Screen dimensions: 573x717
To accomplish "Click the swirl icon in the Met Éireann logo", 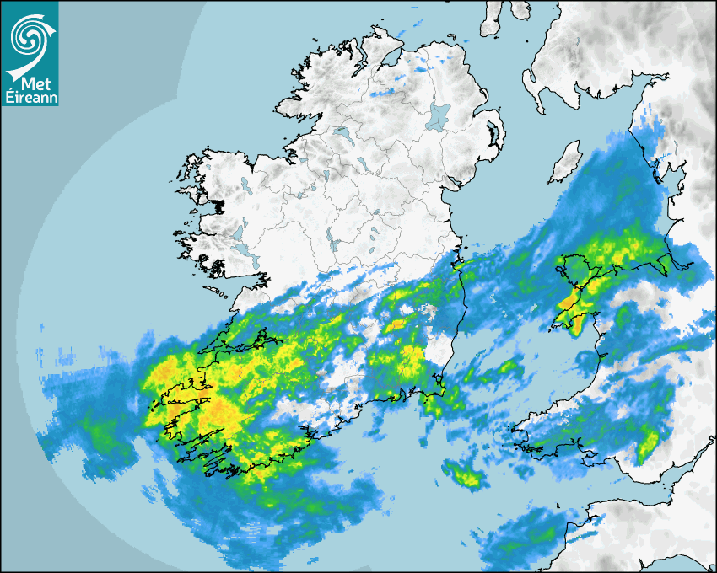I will pyautogui.click(x=29, y=35).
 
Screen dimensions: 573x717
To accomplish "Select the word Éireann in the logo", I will pyautogui.click(x=30, y=99).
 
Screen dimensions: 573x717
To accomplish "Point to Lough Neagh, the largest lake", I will pyautogui.click(x=439, y=115).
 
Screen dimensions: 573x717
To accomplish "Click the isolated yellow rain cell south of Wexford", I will pyautogui.click(x=465, y=476).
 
